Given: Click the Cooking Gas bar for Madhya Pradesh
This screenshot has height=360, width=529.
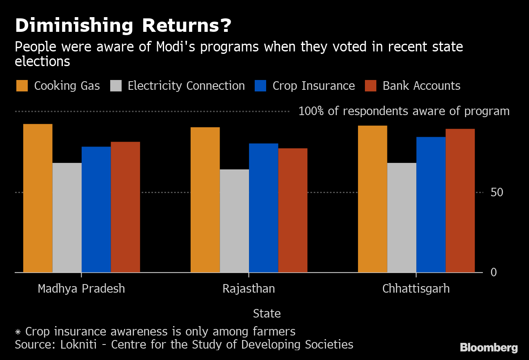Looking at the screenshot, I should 38,198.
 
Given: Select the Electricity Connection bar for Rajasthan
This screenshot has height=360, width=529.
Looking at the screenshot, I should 234,221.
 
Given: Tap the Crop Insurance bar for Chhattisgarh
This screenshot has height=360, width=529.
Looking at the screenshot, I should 431,204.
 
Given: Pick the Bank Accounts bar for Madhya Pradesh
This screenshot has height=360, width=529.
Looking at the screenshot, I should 125,207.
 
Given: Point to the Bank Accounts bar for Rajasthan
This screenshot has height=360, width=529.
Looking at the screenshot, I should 293,210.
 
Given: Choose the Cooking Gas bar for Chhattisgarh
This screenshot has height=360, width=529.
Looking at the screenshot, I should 372,199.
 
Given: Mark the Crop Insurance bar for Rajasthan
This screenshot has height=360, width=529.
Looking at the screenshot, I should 263,208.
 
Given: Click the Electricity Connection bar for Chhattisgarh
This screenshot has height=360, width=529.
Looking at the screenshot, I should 402,218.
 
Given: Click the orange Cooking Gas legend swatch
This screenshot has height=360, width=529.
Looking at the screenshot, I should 22,86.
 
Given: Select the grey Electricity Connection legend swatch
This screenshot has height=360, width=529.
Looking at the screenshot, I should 116,86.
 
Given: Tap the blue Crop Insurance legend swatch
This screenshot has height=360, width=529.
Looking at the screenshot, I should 260,86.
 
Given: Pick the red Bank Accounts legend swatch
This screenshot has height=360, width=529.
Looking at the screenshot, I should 371,86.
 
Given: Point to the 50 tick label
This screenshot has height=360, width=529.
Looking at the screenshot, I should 497,192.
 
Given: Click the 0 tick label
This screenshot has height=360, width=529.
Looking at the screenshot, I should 493,272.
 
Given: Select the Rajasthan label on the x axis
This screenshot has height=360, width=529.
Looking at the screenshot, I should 249,289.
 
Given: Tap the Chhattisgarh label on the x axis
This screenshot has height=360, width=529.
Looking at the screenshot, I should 416,289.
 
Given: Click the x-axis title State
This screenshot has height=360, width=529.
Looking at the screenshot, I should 267,313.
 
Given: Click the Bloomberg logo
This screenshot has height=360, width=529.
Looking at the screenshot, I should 489,348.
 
